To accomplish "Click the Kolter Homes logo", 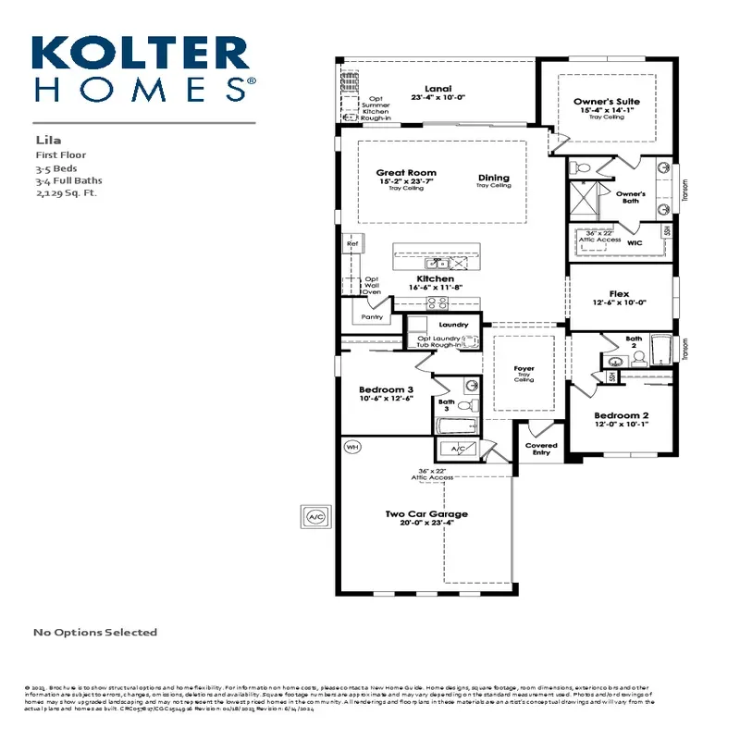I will pyautogui.click(x=143, y=68).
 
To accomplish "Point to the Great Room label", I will pyautogui.click(x=405, y=173).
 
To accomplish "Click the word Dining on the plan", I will pyautogui.click(x=493, y=178).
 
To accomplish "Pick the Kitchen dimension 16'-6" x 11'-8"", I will pyautogui.click(x=435, y=288).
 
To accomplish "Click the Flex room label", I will pyautogui.click(x=619, y=294).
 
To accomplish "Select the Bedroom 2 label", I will pyautogui.click(x=621, y=415).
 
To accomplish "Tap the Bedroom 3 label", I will pyautogui.click(x=385, y=391).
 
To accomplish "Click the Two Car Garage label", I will pyautogui.click(x=426, y=513).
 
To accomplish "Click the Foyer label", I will pyautogui.click(x=524, y=369).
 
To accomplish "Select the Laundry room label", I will pyautogui.click(x=454, y=325).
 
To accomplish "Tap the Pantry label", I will pyautogui.click(x=372, y=316).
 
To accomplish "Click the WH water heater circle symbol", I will pyautogui.click(x=351, y=447).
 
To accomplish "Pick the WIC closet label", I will pyautogui.click(x=635, y=242).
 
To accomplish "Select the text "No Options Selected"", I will pyautogui.click(x=95, y=633).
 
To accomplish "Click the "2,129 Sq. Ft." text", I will pyautogui.click(x=66, y=193).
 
